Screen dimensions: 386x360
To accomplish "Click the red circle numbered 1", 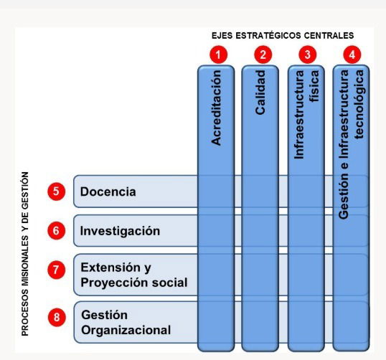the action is (218, 55).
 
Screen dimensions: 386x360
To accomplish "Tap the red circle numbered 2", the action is (263, 55).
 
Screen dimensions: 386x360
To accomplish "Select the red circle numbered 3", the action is (308, 55).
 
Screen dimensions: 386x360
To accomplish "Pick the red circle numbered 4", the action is (352, 55).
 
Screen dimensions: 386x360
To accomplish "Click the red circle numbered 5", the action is (57, 191).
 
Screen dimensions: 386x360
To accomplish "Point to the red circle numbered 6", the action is (57, 231).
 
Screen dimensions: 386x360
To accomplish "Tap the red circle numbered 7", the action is (57, 270).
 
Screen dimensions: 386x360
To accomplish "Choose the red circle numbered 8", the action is (57, 317).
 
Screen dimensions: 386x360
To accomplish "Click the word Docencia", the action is (108, 191).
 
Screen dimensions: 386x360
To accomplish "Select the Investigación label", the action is (120, 232).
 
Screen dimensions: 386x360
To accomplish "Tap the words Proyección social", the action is (134, 283).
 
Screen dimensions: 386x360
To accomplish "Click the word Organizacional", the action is (126, 330).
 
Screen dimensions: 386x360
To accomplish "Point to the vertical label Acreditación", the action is (216, 108).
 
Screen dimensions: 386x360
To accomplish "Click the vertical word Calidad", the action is (260, 93).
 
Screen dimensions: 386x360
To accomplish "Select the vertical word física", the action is (314, 86).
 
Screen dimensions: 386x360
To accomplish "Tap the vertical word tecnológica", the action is (359, 105).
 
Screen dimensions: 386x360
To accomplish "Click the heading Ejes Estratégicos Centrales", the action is (283, 35).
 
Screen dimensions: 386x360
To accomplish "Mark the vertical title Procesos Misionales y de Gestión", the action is (25, 254).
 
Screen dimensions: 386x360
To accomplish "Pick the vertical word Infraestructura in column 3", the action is (299, 115).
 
